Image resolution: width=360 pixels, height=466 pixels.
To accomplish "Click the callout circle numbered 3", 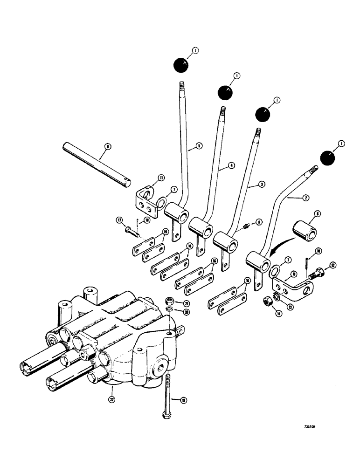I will coord(263,185).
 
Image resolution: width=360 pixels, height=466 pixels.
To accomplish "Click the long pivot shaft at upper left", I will coord(98,164).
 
